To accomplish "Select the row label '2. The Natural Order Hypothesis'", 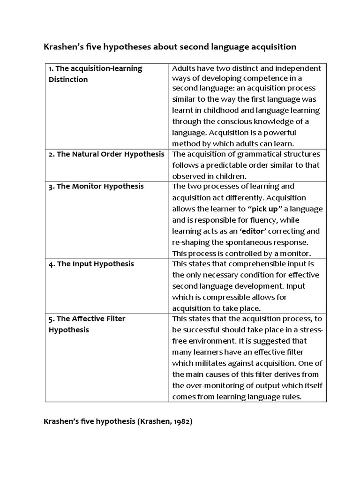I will click(x=106, y=154).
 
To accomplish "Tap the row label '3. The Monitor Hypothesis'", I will click(x=96, y=187).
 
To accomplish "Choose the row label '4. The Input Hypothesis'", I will click(x=91, y=264).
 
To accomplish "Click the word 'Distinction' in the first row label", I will click(x=68, y=80).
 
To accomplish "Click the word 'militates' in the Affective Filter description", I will click(x=210, y=363).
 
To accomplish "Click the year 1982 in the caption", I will click(x=180, y=421).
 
